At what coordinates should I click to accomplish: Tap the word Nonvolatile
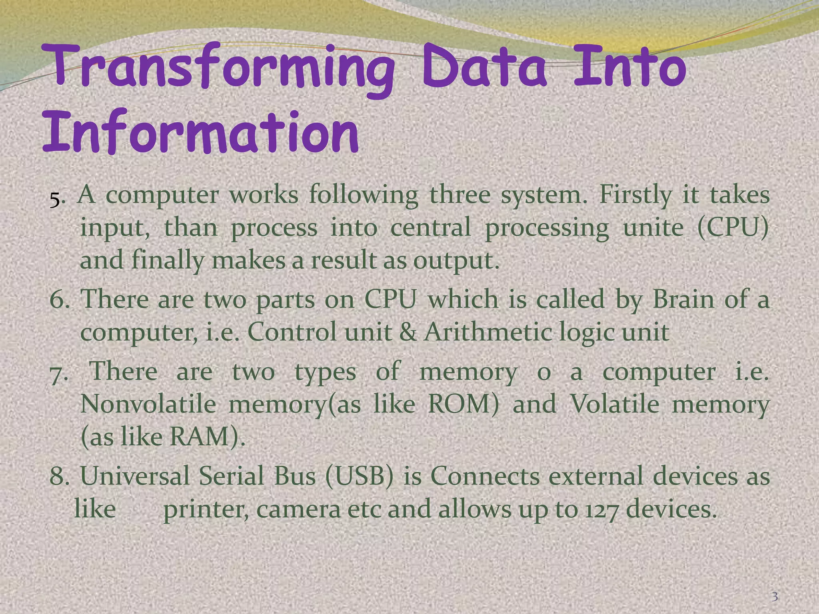tap(148, 405)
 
